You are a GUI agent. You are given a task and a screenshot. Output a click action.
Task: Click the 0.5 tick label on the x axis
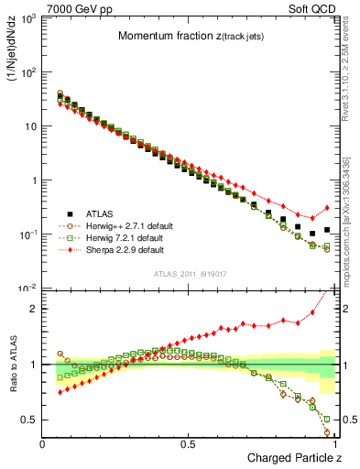point(190,443)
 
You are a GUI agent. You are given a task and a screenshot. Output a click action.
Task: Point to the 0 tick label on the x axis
point(43,443)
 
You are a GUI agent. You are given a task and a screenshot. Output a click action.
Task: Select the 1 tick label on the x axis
point(335,443)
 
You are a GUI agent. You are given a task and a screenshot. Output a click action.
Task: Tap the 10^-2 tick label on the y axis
point(27,289)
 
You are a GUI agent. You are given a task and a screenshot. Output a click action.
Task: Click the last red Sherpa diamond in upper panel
point(327,207)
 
